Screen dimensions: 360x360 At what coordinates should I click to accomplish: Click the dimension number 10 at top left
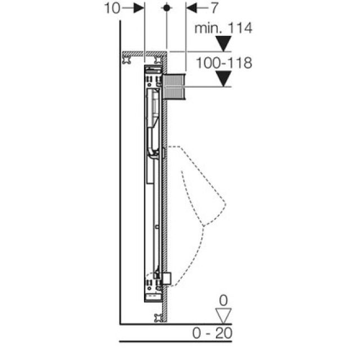click(112, 8)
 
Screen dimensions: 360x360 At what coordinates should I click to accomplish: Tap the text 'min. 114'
click(223, 28)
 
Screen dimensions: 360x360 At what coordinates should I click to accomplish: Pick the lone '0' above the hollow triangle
click(224, 299)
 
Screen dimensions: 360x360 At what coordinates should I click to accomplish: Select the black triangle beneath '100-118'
click(224, 79)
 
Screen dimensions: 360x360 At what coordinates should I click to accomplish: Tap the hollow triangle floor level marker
click(224, 315)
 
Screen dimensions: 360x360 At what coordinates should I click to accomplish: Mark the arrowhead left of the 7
click(190, 8)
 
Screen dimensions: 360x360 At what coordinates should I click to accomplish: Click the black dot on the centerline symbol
click(166, 8)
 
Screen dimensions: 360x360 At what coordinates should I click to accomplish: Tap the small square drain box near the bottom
click(166, 278)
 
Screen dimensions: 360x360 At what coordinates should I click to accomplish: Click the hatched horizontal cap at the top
click(145, 53)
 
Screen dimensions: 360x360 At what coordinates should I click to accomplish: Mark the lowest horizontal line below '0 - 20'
click(176, 341)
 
